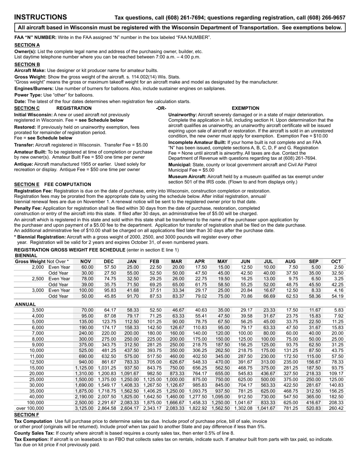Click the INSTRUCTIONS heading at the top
pyautogui.click(x=41, y=17)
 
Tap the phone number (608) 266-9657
pyautogui.click(x=326, y=17)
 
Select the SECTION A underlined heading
pyautogui.click(x=27, y=45)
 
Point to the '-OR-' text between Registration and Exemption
pyautogui.click(x=161, y=108)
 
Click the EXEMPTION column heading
pyautogui.click(x=245, y=108)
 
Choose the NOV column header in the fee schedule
pyautogui.click(x=86, y=261)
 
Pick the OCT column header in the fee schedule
pyautogui.click(x=336, y=261)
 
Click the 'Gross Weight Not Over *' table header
pyautogui.click(x=42, y=261)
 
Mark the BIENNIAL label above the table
pyautogui.click(x=26, y=256)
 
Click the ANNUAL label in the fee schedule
pyautogui.click(x=25, y=304)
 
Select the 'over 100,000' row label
pyautogui.click(x=30, y=408)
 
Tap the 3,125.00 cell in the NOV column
pyautogui.click(x=85, y=408)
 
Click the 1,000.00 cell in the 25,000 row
pyautogui.click(x=175, y=380)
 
